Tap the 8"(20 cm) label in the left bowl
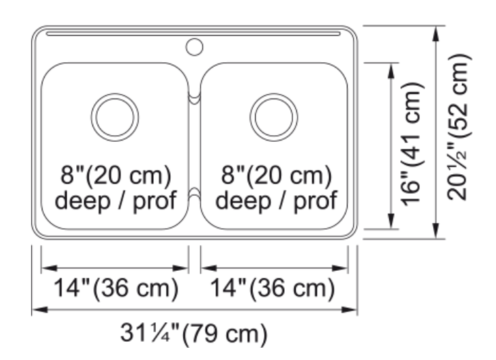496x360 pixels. pos(116,175)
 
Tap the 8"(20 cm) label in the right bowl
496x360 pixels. pos(277,175)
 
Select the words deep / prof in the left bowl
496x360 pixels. pos(116,200)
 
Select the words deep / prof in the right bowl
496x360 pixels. pos(277,200)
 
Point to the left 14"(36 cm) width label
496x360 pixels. pos(116,288)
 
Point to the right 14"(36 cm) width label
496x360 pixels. pos(273,288)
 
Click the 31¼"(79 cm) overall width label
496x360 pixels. pos(194,333)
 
